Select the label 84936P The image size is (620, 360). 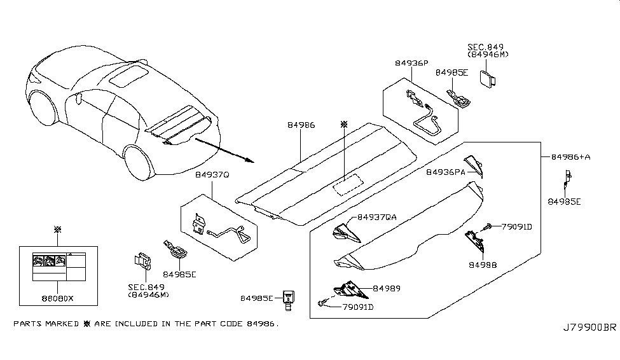pos(411,64)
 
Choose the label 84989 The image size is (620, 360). pos(385,288)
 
